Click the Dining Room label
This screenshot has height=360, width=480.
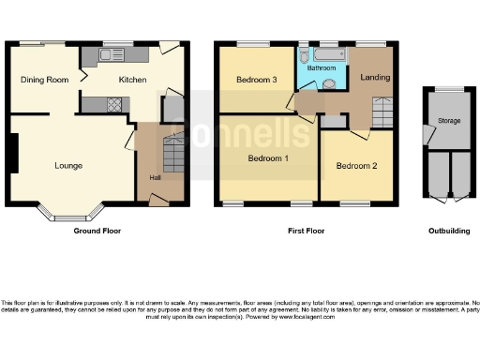[45, 81]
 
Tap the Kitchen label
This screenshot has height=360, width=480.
[132, 81]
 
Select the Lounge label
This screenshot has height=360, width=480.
[67, 166]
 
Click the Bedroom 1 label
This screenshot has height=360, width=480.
[267, 158]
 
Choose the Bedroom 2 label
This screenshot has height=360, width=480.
[356, 166]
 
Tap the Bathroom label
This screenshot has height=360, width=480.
[321, 68]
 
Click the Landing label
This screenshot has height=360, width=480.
[376, 77]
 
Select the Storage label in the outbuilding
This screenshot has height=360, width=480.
[450, 121]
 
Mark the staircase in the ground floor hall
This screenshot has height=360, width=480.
[174, 153]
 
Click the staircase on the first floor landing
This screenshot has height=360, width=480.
[382, 115]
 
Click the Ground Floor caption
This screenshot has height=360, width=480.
[97, 231]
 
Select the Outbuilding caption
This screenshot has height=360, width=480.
[447, 231]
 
